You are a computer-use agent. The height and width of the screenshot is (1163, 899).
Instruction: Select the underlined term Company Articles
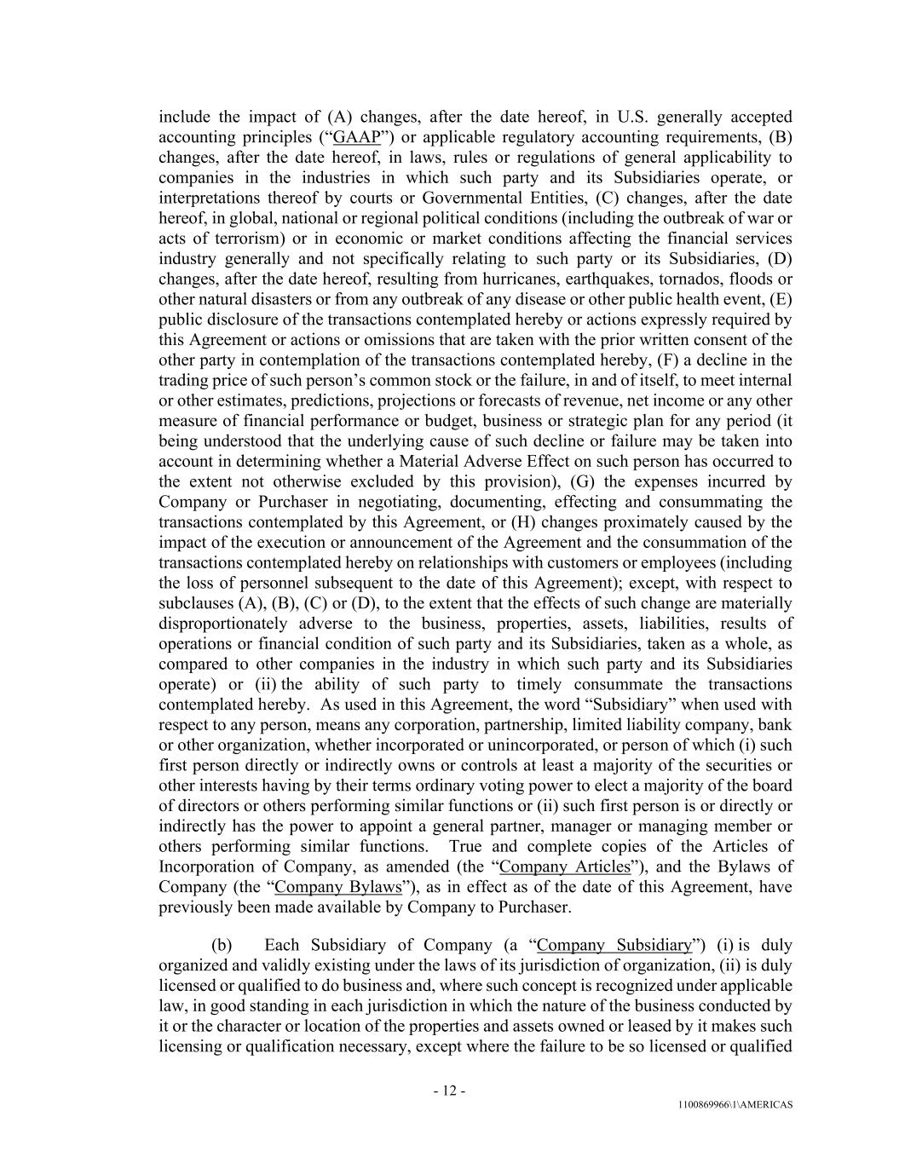point(565,867)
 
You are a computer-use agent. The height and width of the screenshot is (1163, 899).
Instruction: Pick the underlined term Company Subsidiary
point(614,945)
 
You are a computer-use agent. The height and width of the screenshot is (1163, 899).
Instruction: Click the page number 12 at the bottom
point(449,1091)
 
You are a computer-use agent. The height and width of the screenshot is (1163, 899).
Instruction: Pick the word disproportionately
point(223,624)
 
